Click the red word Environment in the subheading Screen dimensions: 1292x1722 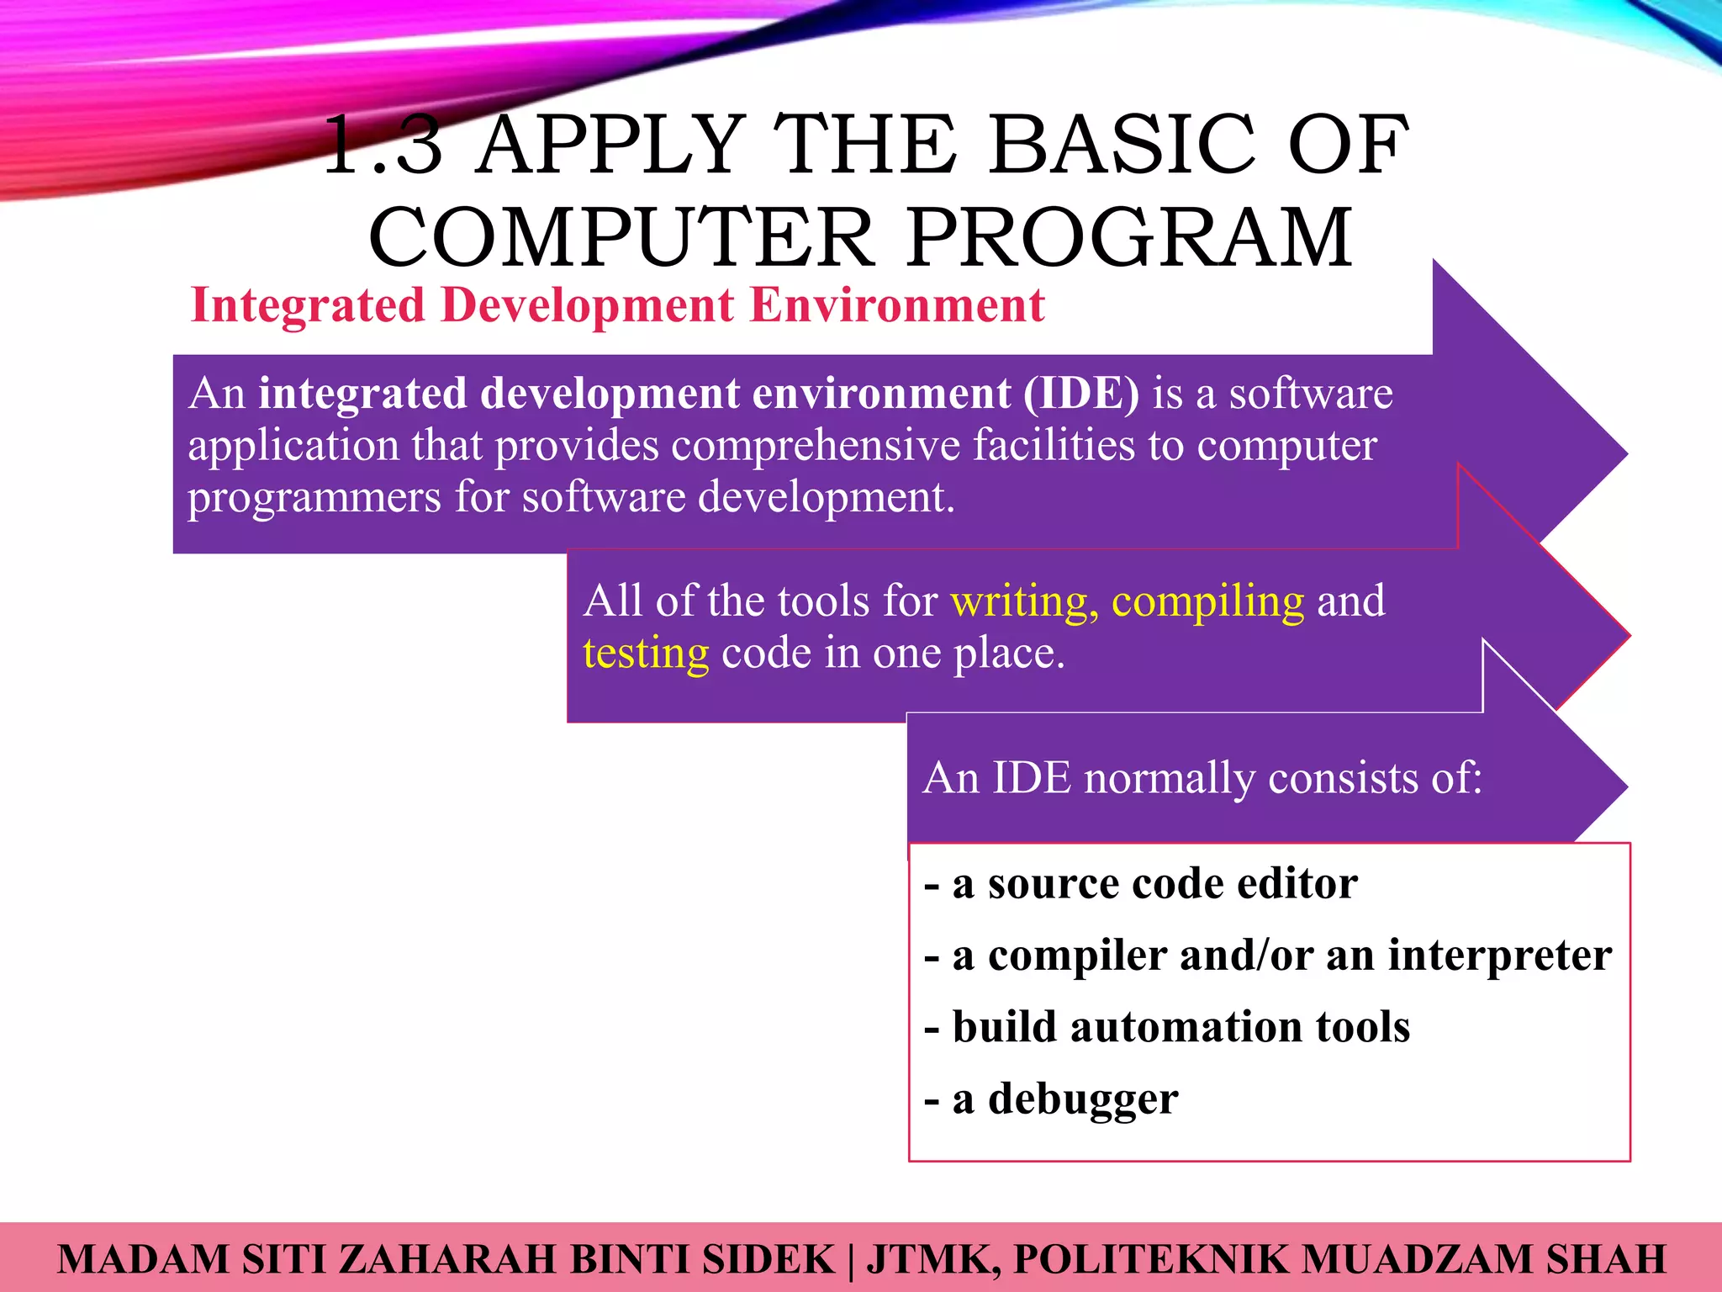click(897, 304)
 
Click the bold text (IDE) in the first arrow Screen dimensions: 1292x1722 click(1081, 394)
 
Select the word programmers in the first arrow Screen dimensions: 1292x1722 click(314, 497)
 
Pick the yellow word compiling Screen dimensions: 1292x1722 click(1207, 601)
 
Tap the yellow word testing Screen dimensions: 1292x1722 click(646, 654)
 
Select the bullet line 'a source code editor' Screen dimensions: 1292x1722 click(1141, 884)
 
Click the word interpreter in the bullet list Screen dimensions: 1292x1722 click(1499, 956)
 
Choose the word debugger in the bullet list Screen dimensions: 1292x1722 click(1082, 1099)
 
